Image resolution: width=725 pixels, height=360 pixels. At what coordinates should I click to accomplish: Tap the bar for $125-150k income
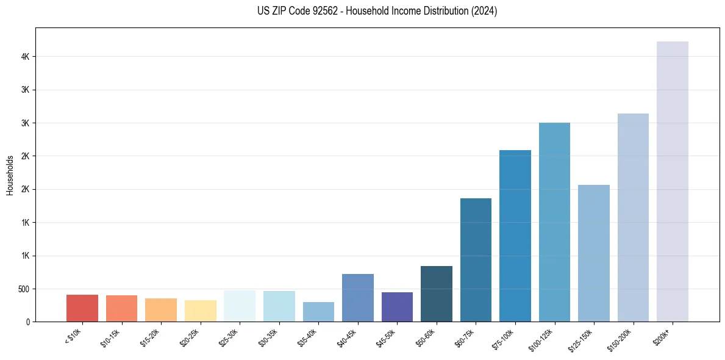pyautogui.click(x=594, y=253)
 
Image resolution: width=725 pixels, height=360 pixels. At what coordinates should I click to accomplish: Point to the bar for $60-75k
pyautogui.click(x=476, y=259)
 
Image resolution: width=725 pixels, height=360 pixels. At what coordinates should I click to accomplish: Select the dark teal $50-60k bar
pyautogui.click(x=437, y=293)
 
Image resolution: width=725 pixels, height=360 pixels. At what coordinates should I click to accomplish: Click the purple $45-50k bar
pyautogui.click(x=397, y=307)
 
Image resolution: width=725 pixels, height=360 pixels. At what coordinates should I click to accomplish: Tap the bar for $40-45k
pyautogui.click(x=358, y=298)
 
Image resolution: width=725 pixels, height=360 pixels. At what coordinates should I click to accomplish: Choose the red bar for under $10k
pyautogui.click(x=82, y=308)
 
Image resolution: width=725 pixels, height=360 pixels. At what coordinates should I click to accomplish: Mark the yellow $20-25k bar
pyautogui.click(x=201, y=311)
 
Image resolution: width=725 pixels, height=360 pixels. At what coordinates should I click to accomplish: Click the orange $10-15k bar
pyautogui.click(x=121, y=308)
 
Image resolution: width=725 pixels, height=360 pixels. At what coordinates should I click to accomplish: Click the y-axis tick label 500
pyautogui.click(x=24, y=289)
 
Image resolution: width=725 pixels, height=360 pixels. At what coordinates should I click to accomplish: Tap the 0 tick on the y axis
pyautogui.click(x=28, y=322)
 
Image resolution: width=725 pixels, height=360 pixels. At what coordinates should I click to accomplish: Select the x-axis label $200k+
pyautogui.click(x=663, y=335)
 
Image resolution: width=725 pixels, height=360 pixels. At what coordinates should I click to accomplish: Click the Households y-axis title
pyautogui.click(x=10, y=175)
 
